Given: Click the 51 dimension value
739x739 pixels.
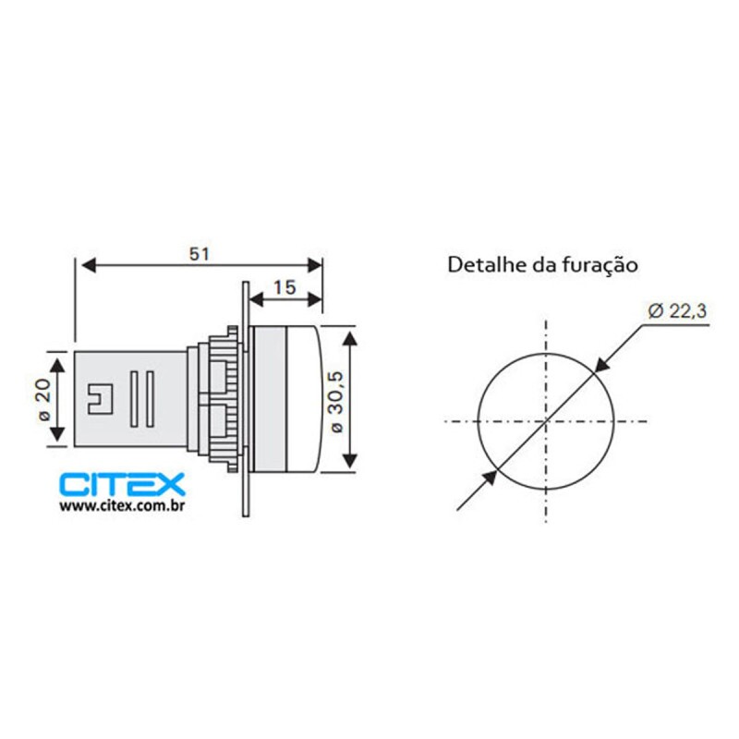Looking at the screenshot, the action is (x=200, y=254).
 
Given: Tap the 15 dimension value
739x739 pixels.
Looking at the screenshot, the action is (x=285, y=287).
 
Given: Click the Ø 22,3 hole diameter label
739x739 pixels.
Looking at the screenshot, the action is (x=677, y=311).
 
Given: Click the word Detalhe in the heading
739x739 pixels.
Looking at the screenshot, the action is (x=487, y=265).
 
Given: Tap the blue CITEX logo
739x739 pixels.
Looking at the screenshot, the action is (x=122, y=484).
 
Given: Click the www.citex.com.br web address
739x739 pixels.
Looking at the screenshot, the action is (x=122, y=506).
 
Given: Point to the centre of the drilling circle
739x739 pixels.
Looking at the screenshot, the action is (x=546, y=421).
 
